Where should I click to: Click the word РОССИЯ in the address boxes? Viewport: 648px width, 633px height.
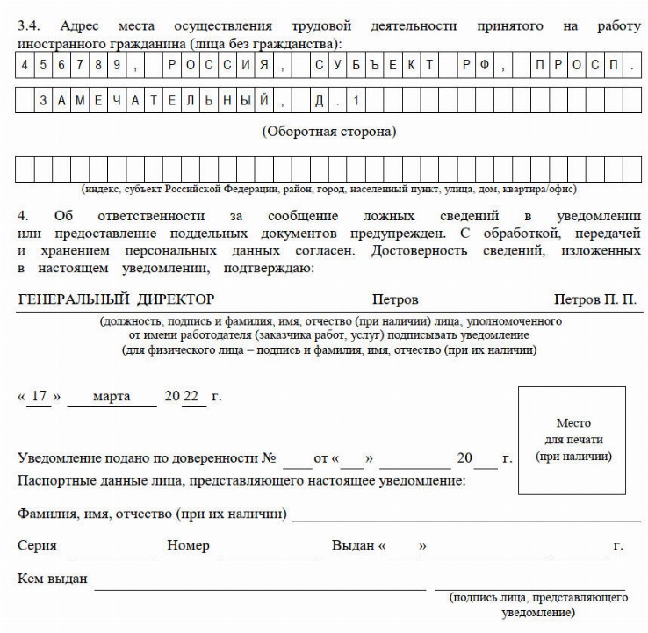217,65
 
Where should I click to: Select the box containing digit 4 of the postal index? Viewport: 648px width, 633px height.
24,65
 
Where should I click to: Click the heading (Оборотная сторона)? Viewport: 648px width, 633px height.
328,133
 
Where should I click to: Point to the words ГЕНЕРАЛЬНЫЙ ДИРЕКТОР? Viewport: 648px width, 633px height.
116,300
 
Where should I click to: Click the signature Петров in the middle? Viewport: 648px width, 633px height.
395,300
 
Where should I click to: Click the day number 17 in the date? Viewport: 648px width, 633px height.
38,396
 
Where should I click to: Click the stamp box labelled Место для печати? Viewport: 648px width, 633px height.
572,440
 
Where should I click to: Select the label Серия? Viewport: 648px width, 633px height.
37,545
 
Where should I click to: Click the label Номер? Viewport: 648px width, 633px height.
188,545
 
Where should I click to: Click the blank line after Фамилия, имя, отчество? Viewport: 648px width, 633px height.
465,513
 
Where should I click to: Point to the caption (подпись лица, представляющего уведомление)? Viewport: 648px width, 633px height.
537,604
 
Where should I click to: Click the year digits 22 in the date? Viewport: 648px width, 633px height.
191,396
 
